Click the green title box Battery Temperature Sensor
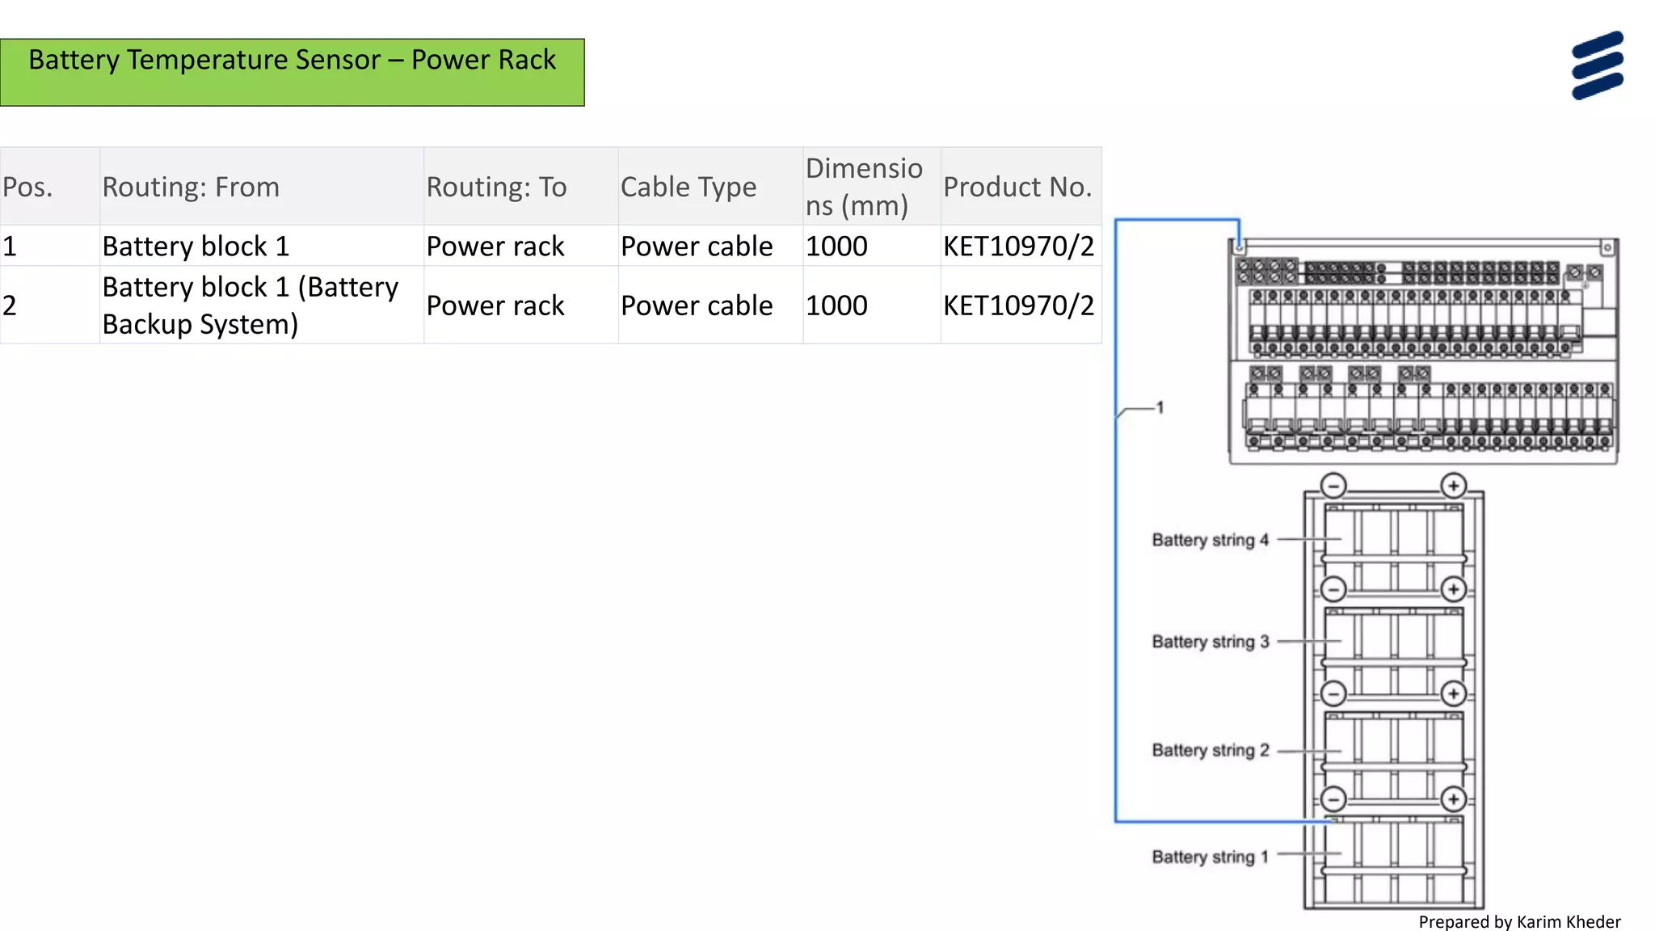292,72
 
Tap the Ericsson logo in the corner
1597,65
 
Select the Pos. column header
27,187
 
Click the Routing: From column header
191,187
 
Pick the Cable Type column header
689,187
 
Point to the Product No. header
1017,187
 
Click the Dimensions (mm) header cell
864,187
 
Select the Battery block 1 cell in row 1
196,246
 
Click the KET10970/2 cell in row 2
1018,305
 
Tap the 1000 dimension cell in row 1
836,246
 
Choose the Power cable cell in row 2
697,305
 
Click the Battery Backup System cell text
250,305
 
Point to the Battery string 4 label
1210,540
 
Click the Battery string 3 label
1210,642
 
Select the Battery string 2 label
1210,750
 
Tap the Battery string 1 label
1210,857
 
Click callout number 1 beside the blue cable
1160,407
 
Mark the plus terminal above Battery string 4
1453,486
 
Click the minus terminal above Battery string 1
1333,799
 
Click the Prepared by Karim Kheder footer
1519,921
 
